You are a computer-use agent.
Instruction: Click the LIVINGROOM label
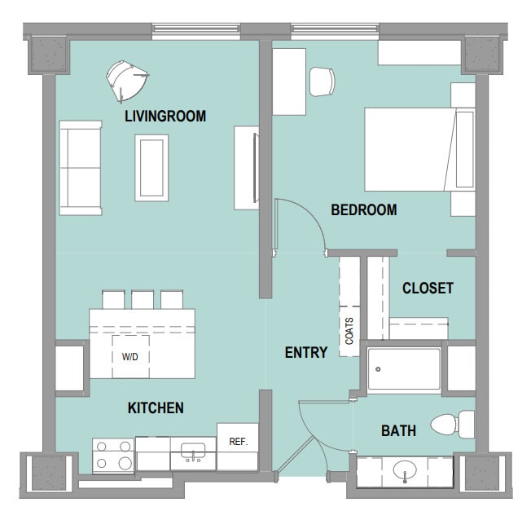pyautogui.click(x=165, y=117)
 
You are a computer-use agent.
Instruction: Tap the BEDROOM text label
pyautogui.click(x=364, y=209)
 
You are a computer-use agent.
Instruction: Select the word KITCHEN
pyautogui.click(x=156, y=408)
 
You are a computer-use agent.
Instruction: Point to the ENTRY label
pyautogui.click(x=306, y=353)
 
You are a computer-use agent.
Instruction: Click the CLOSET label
pyautogui.click(x=428, y=289)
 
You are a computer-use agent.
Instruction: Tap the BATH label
pyautogui.click(x=398, y=431)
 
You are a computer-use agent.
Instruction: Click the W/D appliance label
pyautogui.click(x=130, y=357)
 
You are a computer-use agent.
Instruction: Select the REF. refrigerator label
pyautogui.click(x=239, y=442)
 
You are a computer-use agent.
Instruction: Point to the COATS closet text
pyautogui.click(x=349, y=331)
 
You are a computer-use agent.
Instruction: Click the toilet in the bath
pyautogui.click(x=453, y=425)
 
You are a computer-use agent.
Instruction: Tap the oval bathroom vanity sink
pyautogui.click(x=405, y=470)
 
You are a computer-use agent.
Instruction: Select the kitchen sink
pyautogui.click(x=193, y=452)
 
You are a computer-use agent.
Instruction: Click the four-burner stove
pyautogui.click(x=113, y=456)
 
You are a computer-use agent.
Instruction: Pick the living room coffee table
pyautogui.click(x=151, y=168)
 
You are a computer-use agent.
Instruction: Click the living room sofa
pyautogui.click(x=81, y=168)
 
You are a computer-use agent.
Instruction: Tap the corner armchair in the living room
pyautogui.click(x=127, y=82)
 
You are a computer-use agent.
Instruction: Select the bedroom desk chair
pyautogui.click(x=322, y=82)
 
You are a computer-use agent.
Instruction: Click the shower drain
pyautogui.click(x=378, y=369)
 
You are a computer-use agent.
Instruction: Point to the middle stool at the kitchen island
pyautogui.click(x=143, y=299)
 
